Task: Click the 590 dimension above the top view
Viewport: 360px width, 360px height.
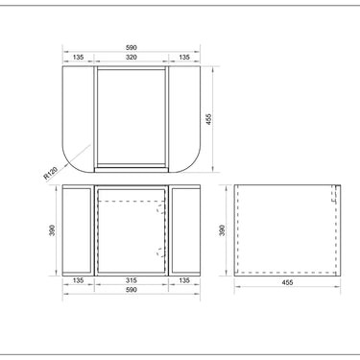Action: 132,48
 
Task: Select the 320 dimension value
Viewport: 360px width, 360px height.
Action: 132,58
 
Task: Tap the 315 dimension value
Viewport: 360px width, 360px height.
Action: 132,280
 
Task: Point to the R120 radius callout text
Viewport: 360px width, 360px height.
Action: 50,173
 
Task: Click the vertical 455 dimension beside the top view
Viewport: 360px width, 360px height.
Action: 208,119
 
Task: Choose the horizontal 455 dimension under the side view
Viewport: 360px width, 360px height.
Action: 287,282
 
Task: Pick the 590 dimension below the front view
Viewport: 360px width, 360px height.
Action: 132,290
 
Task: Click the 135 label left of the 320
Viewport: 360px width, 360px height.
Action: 78,58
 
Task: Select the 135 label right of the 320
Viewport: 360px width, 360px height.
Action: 184,58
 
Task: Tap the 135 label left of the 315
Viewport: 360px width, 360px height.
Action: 78,280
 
